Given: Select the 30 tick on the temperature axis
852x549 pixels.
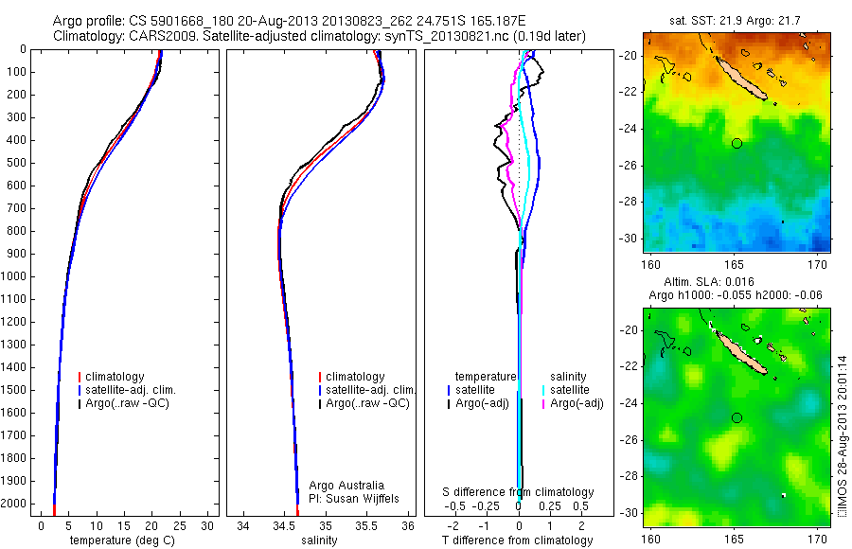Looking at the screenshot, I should (x=209, y=525).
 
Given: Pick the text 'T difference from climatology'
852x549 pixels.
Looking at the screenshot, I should (x=518, y=540).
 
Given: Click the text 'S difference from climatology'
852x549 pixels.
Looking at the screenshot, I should (x=518, y=492).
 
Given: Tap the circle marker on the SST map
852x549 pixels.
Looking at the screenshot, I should (x=737, y=143).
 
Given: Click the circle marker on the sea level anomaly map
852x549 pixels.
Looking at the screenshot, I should (x=737, y=417).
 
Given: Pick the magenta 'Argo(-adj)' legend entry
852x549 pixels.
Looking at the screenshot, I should (x=577, y=404).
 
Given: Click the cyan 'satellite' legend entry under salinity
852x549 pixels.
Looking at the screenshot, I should (x=572, y=390).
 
